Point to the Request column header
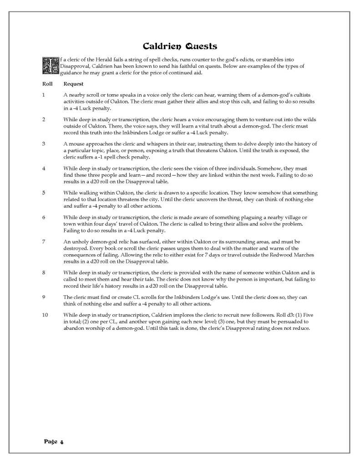(x=73, y=84)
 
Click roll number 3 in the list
(x=43, y=143)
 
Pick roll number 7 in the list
(x=43, y=241)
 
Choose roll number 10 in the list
(x=45, y=314)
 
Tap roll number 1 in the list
(x=43, y=94)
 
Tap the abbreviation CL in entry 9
(x=130, y=297)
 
